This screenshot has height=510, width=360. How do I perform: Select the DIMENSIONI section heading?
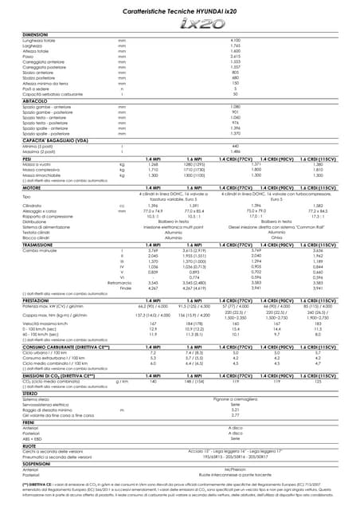(x=36, y=35)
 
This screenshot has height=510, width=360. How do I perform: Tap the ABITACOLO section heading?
(x=35, y=100)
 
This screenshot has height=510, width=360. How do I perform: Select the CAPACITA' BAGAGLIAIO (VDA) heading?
(x=56, y=140)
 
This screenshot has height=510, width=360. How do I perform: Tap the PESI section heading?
(x=28, y=159)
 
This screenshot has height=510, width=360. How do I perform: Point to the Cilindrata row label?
(x=33, y=206)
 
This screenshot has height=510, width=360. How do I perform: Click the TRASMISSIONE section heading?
(x=41, y=242)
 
